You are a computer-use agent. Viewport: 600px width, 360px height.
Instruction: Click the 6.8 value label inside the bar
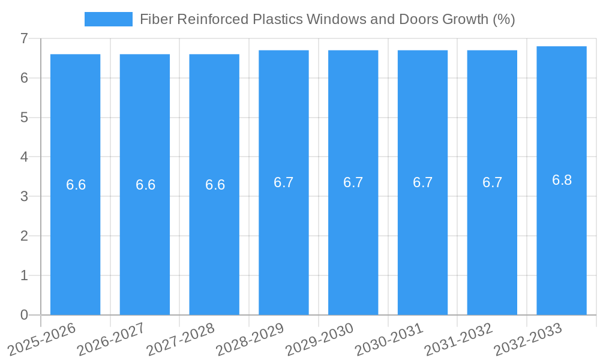click(562, 180)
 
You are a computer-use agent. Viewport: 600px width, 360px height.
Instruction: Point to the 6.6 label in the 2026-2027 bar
click(145, 185)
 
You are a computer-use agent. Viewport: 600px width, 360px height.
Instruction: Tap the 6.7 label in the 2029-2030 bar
click(353, 182)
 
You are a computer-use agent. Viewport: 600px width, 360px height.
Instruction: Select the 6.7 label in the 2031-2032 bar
click(492, 182)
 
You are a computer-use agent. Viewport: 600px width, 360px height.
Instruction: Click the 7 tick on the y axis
click(24, 38)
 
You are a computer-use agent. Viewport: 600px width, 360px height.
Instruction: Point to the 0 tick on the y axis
click(24, 315)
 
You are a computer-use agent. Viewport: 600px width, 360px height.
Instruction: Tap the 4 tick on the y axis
click(24, 157)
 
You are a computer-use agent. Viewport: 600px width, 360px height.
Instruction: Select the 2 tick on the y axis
click(24, 236)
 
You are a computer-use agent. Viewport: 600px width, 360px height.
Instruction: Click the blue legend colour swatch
click(109, 19)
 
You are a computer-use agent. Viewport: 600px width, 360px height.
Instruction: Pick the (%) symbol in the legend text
click(503, 19)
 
